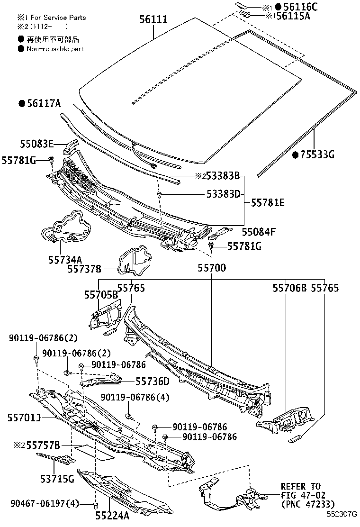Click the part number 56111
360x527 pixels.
click(x=153, y=19)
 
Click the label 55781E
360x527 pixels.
click(x=268, y=203)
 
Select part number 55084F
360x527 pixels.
click(x=259, y=232)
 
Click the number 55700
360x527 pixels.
click(x=211, y=268)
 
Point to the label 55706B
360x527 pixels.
click(x=289, y=288)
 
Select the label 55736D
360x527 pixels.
click(x=152, y=381)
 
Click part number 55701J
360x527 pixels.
click(x=24, y=417)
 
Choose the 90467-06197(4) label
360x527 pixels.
click(x=45, y=503)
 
